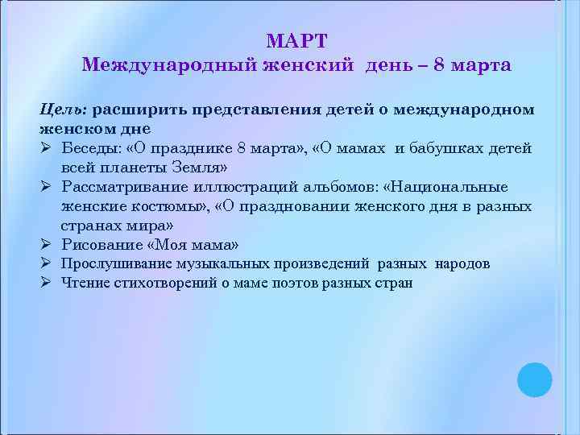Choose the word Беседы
[x=91, y=148]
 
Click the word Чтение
[x=85, y=283]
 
